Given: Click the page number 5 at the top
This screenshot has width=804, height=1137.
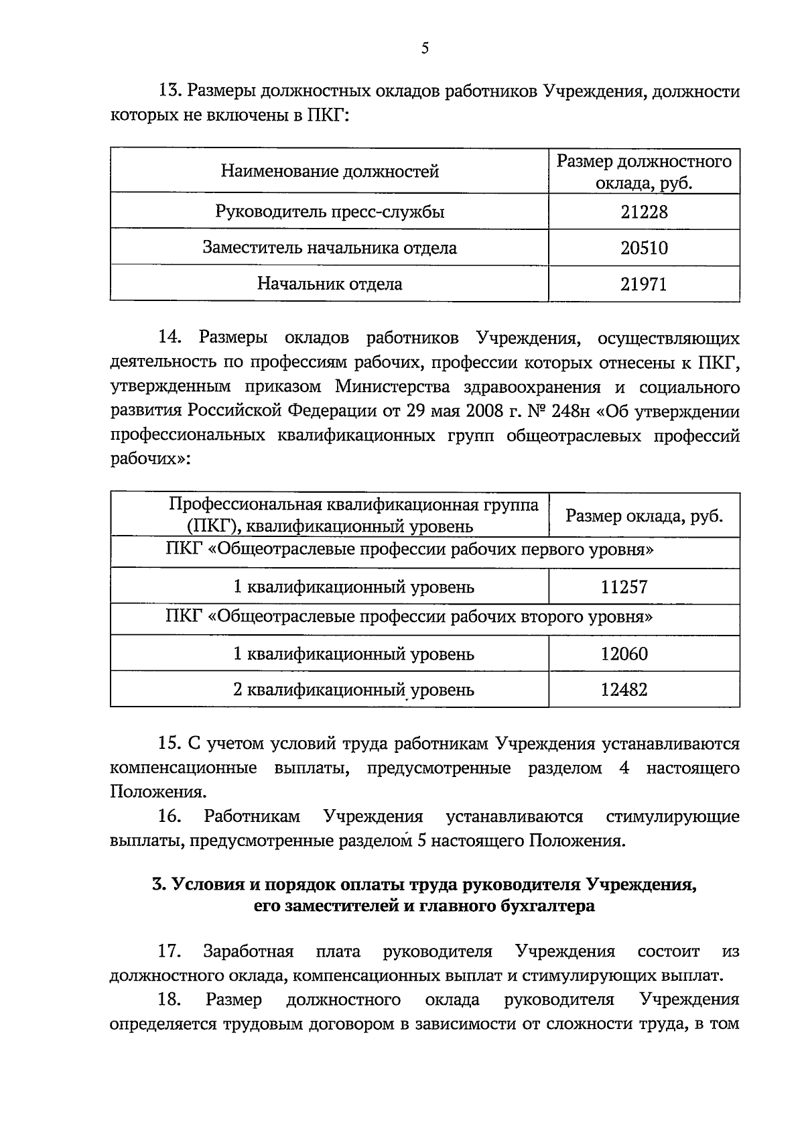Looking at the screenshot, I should point(425,48).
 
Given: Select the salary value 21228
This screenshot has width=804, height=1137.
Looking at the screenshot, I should point(644,213).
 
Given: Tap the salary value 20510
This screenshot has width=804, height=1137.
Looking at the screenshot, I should point(644,249).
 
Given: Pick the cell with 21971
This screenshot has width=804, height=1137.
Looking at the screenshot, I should point(644,284).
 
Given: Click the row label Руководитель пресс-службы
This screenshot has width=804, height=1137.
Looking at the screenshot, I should point(330,213).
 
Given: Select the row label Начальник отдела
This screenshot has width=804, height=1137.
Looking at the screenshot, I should point(330,284).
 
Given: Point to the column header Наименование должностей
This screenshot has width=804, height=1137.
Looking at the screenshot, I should point(330,172).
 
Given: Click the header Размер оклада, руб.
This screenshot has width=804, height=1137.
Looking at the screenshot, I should point(644,516).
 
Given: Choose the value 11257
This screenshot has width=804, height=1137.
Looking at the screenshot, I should point(624,587).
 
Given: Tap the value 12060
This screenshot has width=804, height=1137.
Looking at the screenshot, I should point(624,654).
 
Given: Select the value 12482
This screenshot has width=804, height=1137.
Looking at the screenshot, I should point(624,690).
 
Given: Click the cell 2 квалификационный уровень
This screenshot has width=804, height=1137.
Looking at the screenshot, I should point(353,690).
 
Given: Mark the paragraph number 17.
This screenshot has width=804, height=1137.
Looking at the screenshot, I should point(169,951).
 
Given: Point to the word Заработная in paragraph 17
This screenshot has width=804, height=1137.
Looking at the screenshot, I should point(249,951).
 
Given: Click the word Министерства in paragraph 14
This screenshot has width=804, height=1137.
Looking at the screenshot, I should point(393,387).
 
